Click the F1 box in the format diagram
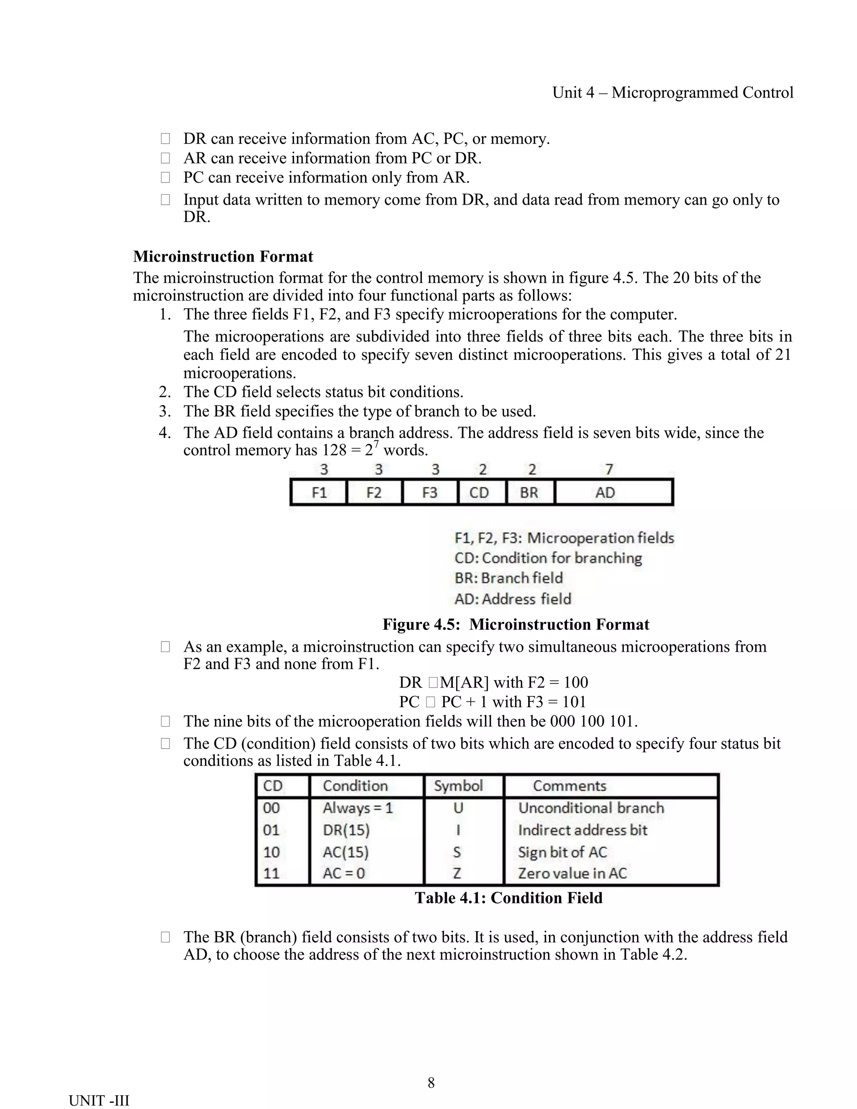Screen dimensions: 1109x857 click(x=319, y=493)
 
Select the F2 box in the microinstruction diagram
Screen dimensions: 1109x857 click(x=374, y=493)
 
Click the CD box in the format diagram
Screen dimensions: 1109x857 click(x=479, y=493)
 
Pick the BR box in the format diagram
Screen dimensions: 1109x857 click(x=529, y=493)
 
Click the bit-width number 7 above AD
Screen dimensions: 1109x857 click(x=609, y=469)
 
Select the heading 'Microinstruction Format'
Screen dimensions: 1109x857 click(x=223, y=257)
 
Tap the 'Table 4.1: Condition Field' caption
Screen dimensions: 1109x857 click(x=509, y=898)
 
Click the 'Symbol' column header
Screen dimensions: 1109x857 click(x=458, y=786)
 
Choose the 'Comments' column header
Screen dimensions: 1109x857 click(x=569, y=786)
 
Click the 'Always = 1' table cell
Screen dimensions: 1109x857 click(x=358, y=808)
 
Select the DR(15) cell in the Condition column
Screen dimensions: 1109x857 click(x=346, y=830)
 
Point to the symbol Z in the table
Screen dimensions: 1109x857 click(x=457, y=873)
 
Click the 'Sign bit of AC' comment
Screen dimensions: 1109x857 click(x=562, y=852)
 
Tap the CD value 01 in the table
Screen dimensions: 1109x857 click(x=271, y=830)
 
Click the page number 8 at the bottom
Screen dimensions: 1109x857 click(x=431, y=1083)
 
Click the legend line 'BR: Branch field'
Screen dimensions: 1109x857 click(x=508, y=578)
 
